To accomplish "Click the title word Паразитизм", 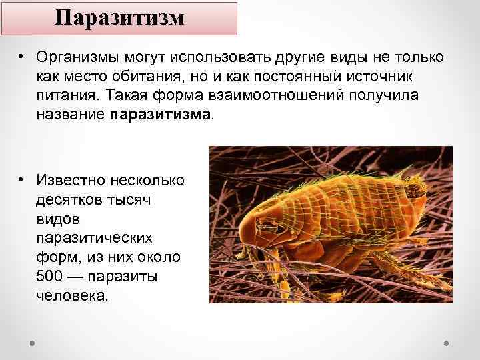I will point(119,17).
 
